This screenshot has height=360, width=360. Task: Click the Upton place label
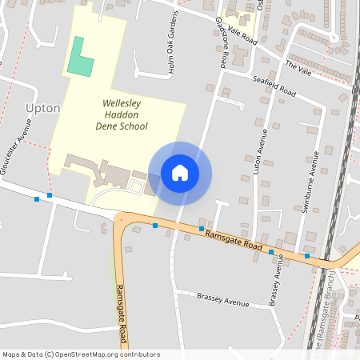coord(43,107)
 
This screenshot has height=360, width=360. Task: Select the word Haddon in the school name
coord(122,114)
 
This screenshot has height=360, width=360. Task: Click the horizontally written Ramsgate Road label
coord(234,242)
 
